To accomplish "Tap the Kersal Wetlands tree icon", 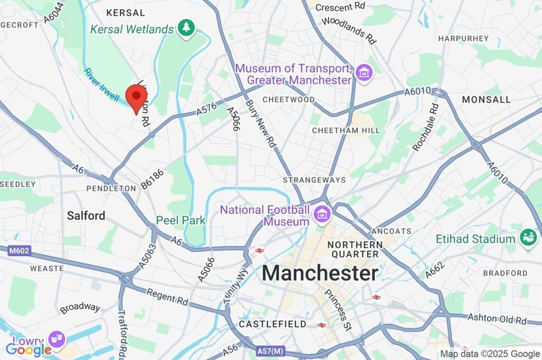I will pos(186,29).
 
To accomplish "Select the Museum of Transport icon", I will pos(364,74).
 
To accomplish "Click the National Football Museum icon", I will pos(321,215).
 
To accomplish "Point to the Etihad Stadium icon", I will pos(528,237).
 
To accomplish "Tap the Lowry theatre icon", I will pos(57,338).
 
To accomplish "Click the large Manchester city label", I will pos(320,273).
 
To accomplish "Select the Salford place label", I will pos(86,215).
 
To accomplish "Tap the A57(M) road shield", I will pos(270,350).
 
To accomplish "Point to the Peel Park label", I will pos(180,220).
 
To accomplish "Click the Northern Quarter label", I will pos(354,249).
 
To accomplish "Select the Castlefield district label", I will pos(272,323).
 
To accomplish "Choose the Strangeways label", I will pos(314,180).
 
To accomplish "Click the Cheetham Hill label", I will pos(339,130).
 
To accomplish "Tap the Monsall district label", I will pos(486,100).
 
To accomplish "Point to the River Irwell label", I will pos(102,85).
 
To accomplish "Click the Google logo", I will pos(29,349).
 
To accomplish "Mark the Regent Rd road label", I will pos(167,297).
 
